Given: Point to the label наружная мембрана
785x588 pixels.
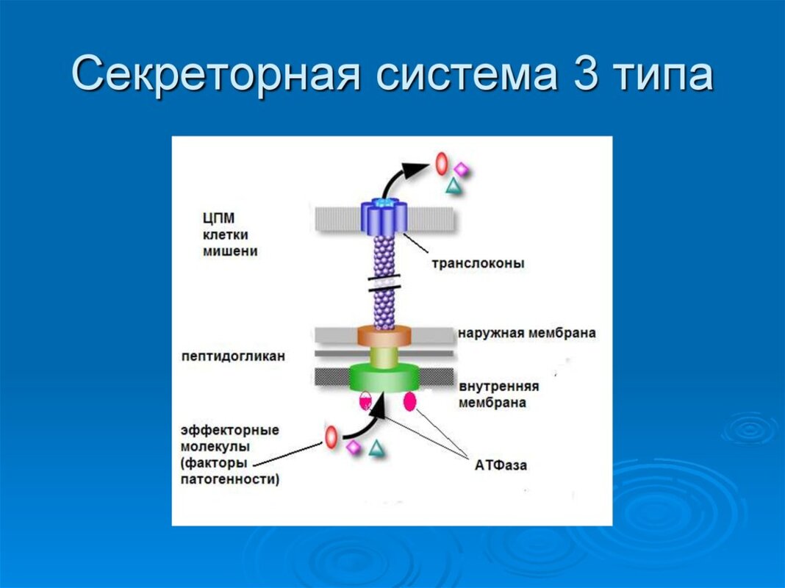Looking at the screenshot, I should coord(526,333).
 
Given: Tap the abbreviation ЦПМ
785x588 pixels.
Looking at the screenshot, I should coord(218,218).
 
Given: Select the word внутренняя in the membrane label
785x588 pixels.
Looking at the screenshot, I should coord(499,387).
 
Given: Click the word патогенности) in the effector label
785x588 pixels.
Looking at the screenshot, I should coord(230,479).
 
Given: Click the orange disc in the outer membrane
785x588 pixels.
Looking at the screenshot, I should coord(384,337).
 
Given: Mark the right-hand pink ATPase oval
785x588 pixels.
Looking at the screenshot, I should coord(409,401).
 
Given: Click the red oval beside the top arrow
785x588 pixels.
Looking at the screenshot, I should coord(441,162).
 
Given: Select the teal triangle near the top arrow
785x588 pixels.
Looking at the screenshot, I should coord(454,187).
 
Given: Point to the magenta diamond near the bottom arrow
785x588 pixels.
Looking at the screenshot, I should coord(354,447).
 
